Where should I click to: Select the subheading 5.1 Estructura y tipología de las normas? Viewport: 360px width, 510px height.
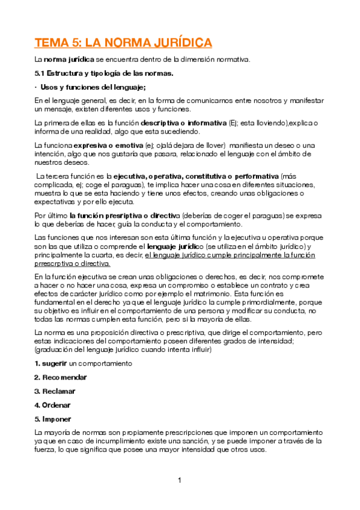point(104,73)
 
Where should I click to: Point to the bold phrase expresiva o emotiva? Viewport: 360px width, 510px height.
point(104,146)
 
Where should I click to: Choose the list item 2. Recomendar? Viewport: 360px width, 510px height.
point(60,377)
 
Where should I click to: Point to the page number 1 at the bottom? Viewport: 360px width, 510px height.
point(180,480)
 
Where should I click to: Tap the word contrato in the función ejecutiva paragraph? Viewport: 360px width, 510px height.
point(296,285)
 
